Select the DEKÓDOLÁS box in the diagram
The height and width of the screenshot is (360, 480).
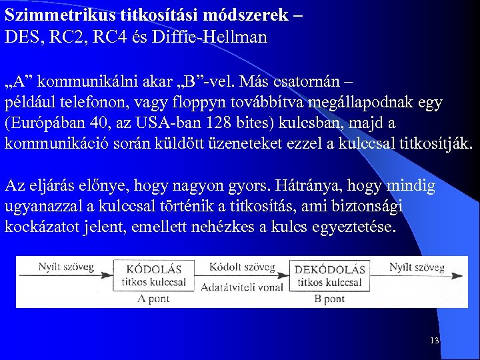pyautogui.click(x=330, y=275)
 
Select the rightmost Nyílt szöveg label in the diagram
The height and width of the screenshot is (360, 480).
pyautogui.click(x=417, y=267)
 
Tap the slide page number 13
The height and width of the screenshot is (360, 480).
pyautogui.click(x=435, y=341)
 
